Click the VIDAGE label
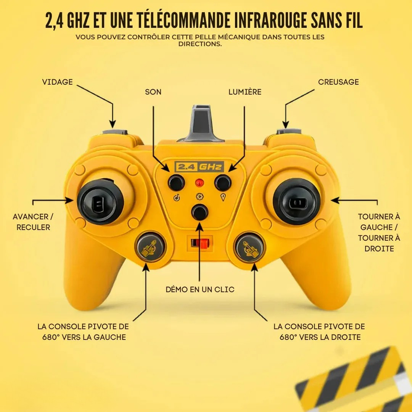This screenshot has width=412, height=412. click(57, 82)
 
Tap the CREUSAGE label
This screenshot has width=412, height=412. click(338, 82)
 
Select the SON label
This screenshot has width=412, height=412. click(153, 92)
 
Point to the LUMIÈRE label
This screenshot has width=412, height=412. click(245, 92)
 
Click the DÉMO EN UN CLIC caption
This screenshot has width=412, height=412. click(200, 290)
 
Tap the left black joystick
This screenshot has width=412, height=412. click(100, 201)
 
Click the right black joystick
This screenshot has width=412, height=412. click(297, 201)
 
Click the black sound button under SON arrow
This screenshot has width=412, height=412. click(176, 183)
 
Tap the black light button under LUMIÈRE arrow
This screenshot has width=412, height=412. click(223, 183)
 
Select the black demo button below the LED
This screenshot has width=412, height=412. click(200, 212)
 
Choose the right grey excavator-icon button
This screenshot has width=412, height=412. click(249, 247)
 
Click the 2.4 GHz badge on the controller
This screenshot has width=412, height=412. click(199, 167)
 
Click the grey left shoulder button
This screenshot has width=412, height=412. click(115, 132)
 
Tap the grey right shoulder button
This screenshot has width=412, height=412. click(289, 132)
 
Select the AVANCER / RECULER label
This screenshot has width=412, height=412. click(33, 222)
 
